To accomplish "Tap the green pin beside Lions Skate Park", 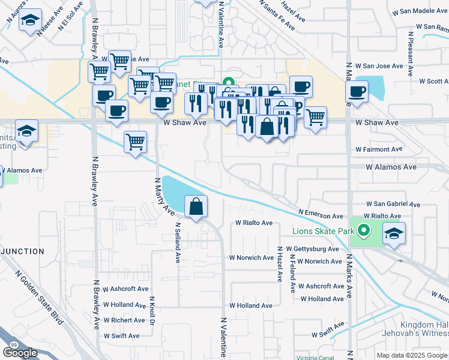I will click(363, 230).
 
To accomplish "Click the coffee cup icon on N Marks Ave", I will click(357, 92).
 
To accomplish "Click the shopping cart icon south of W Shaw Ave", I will click(135, 143).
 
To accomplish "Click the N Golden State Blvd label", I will click(40, 296).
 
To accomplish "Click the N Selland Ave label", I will click(178, 244).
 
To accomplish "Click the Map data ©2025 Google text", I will click(411, 355).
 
